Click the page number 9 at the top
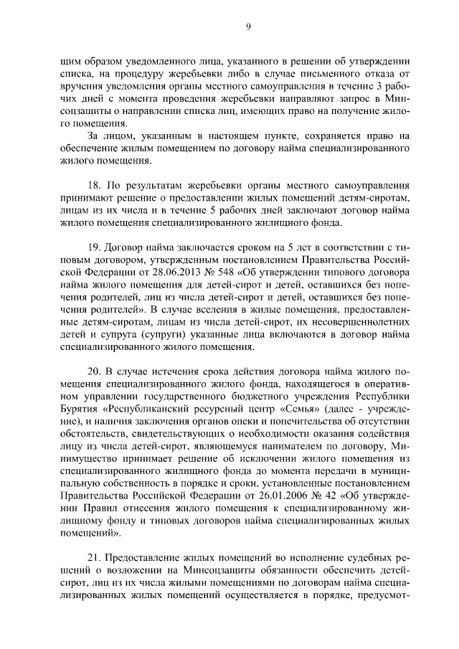tap(248, 27)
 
